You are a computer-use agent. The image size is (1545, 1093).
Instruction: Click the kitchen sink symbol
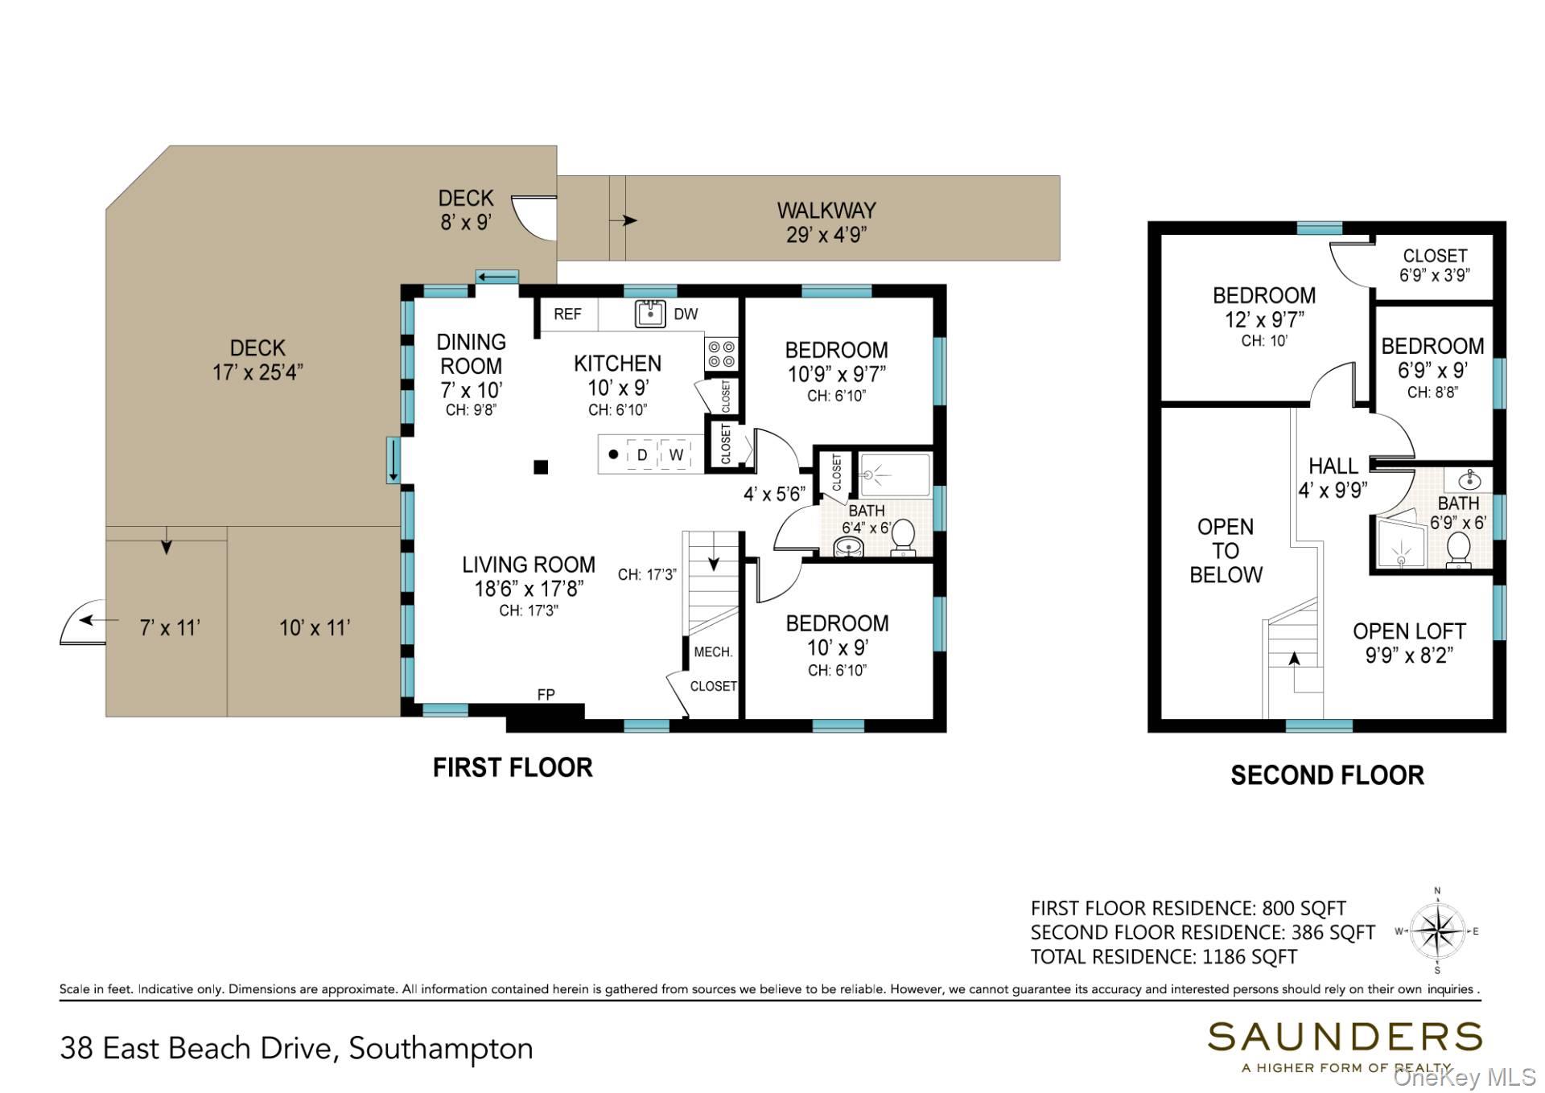pyautogui.click(x=650, y=314)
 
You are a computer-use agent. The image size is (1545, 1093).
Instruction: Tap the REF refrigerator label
pyautogui.click(x=567, y=314)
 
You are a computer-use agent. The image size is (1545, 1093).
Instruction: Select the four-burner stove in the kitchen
pyautogui.click(x=721, y=355)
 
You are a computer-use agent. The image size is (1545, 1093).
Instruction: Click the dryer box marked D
pyautogui.click(x=642, y=454)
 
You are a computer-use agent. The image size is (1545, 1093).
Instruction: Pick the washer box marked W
pyautogui.click(x=676, y=454)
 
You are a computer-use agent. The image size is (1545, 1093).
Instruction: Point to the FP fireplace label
pyautogui.click(x=546, y=695)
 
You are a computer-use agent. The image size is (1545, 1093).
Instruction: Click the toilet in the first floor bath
pyautogui.click(x=903, y=538)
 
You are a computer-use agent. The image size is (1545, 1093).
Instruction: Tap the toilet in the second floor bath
pyautogui.click(x=1459, y=551)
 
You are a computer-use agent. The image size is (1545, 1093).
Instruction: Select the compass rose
pyautogui.click(x=1438, y=931)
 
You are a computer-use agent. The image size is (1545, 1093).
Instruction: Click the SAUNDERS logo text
pyautogui.click(x=1345, y=1038)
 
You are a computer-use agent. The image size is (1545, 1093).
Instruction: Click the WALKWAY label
pyautogui.click(x=826, y=211)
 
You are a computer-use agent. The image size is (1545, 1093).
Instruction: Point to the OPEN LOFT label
pyautogui.click(x=1409, y=631)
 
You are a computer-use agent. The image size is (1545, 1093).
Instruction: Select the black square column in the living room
pyautogui.click(x=542, y=467)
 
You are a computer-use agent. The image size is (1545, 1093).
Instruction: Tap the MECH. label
pyautogui.click(x=713, y=652)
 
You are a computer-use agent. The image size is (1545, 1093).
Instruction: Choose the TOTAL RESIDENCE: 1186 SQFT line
pyautogui.click(x=1164, y=957)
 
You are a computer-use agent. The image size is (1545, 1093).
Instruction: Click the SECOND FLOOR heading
pyautogui.click(x=1327, y=775)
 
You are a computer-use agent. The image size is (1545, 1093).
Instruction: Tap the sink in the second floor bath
pyautogui.click(x=1469, y=480)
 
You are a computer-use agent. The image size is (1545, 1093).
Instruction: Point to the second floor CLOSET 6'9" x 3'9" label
pyautogui.click(x=1435, y=265)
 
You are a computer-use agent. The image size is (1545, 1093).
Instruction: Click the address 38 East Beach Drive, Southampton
pyautogui.click(x=296, y=1049)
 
